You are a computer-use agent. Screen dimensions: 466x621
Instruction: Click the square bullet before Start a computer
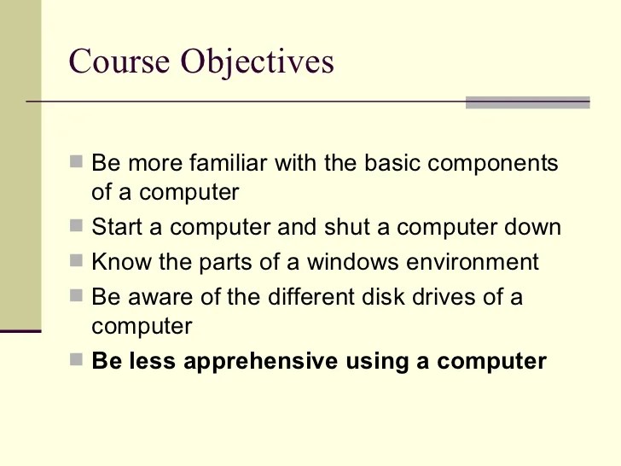pyautogui.click(x=77, y=227)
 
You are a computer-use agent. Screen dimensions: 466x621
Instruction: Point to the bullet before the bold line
pyautogui.click(x=77, y=360)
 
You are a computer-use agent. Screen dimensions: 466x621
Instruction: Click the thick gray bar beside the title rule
pyautogui.click(x=527, y=102)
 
